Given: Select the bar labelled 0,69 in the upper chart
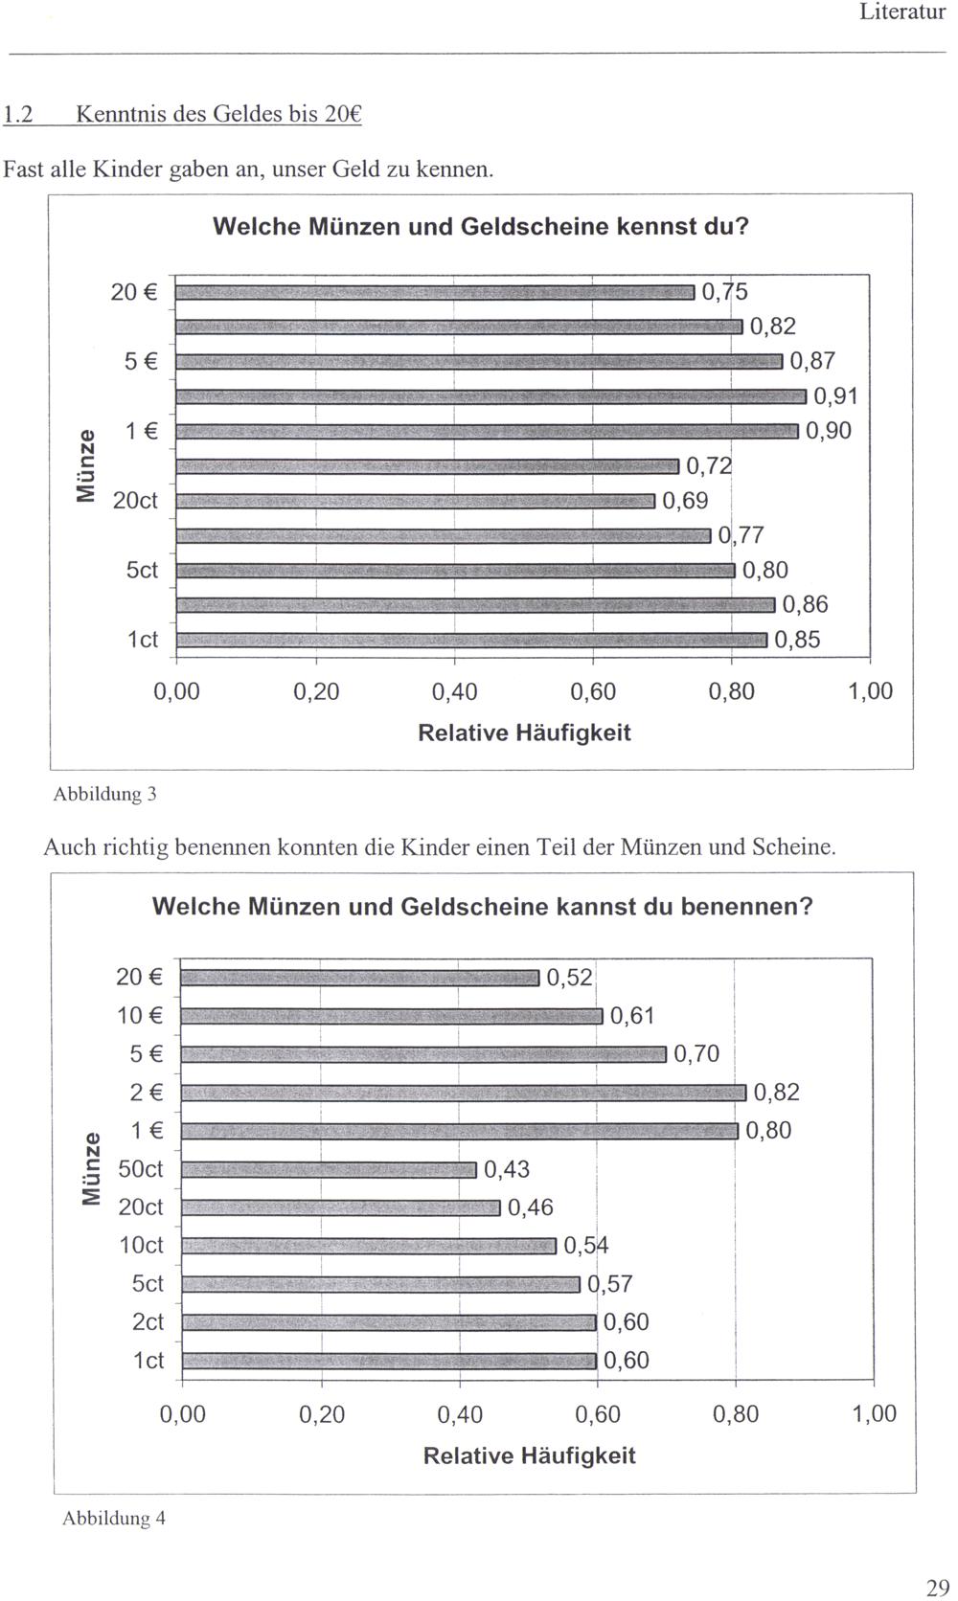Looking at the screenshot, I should (x=416, y=501).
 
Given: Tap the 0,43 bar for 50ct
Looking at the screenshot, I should (x=329, y=1169).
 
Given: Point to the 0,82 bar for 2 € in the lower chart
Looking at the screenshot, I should (x=464, y=1093).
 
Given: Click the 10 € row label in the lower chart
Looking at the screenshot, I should (x=140, y=1016).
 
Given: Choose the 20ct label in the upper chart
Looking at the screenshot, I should (x=135, y=501).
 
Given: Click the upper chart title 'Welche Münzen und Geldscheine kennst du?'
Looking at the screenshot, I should (x=480, y=227).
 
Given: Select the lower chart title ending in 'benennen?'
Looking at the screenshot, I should (x=482, y=906).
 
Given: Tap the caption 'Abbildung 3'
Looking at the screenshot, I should (x=104, y=794).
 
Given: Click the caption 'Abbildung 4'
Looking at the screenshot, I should (x=114, y=1519).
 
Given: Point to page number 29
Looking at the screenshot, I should (x=937, y=1588).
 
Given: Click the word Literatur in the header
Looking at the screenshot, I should (x=902, y=12).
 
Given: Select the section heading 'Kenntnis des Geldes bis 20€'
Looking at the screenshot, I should (x=218, y=115).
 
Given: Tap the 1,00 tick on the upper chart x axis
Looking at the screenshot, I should (x=870, y=691).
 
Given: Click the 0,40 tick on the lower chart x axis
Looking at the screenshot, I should (x=460, y=1414).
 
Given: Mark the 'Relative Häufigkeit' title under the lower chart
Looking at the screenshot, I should (x=529, y=1456).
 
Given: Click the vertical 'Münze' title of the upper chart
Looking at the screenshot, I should (x=86, y=466).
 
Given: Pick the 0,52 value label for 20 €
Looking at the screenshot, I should (x=569, y=978).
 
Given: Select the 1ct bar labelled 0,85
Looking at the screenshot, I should (x=472, y=640).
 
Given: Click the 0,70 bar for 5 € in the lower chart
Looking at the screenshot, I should (x=423, y=1054).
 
